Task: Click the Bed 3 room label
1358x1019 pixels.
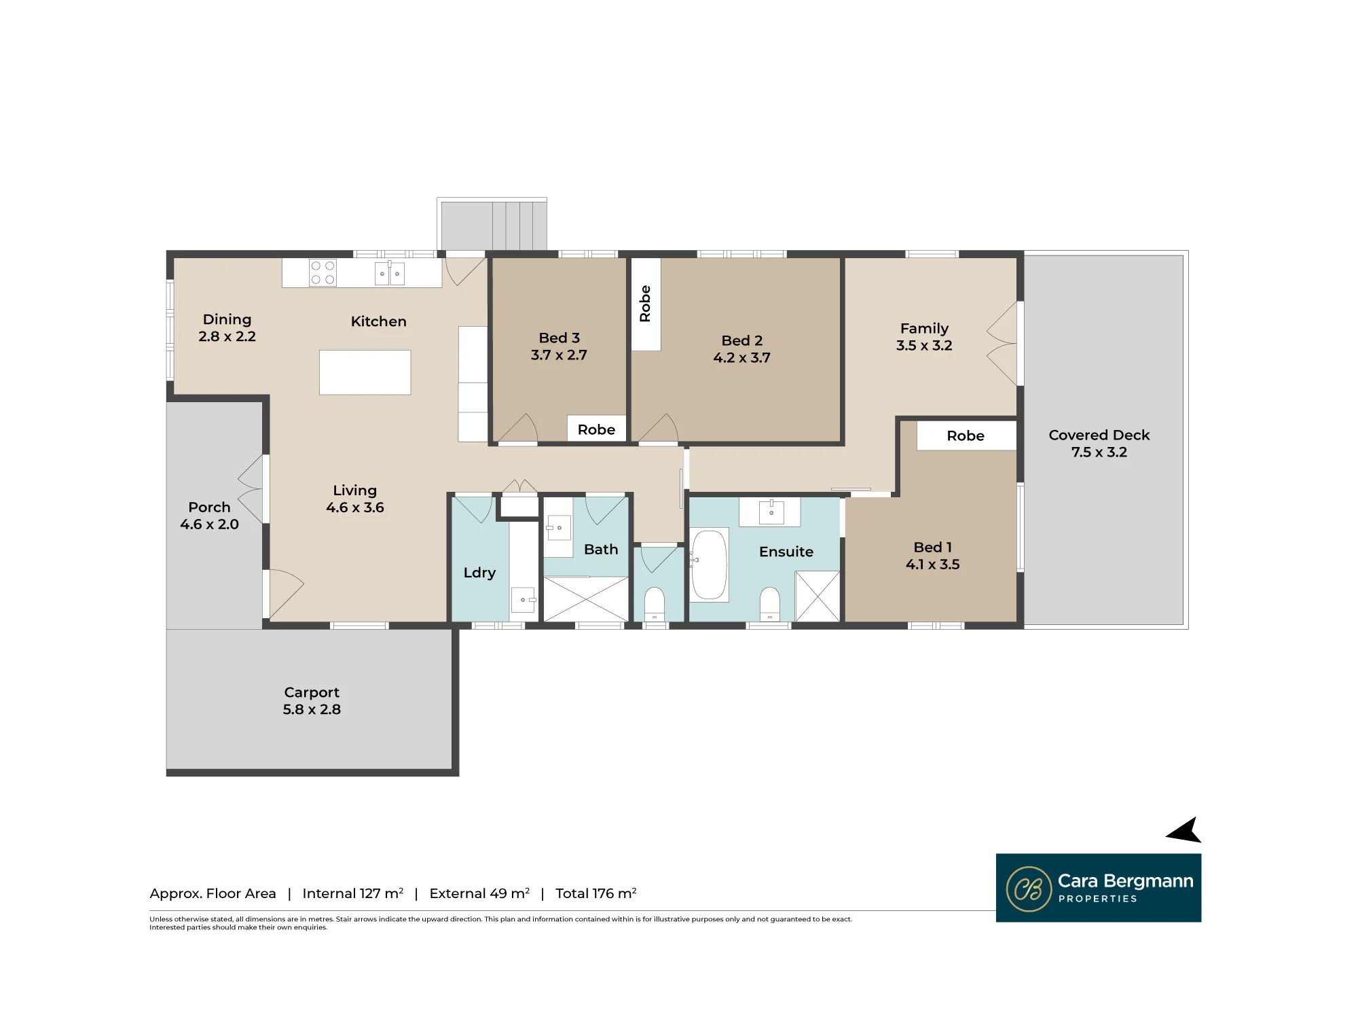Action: (559, 338)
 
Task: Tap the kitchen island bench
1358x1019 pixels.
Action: (365, 372)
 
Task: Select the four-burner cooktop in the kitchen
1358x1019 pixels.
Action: (323, 272)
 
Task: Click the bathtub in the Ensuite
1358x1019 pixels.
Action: (710, 565)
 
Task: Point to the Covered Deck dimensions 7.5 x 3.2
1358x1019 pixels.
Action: (1099, 452)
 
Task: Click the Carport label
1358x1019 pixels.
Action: (312, 692)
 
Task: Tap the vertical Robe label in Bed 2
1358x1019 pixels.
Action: (645, 304)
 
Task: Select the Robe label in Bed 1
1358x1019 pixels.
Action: (966, 435)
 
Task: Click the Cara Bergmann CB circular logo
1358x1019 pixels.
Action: (1029, 889)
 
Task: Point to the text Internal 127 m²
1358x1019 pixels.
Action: (353, 893)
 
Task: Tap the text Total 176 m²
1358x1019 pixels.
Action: (596, 893)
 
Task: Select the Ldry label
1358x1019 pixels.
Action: (479, 573)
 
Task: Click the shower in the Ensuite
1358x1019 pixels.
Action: (818, 596)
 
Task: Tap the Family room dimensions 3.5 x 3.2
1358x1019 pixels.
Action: (924, 346)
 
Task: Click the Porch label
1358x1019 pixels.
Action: (209, 507)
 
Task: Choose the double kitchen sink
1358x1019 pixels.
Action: (390, 273)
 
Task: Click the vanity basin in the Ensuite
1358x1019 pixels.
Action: (771, 512)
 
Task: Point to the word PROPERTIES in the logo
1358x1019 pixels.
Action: (1097, 899)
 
